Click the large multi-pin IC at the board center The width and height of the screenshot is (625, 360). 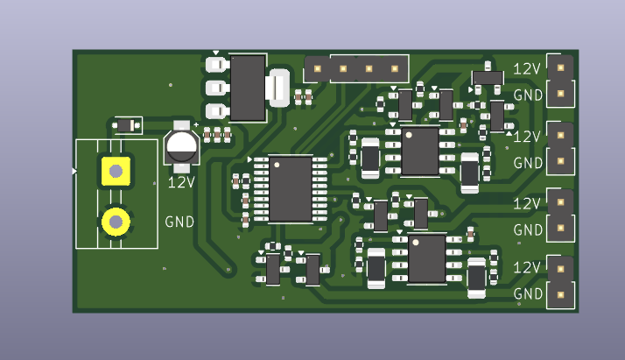(290, 188)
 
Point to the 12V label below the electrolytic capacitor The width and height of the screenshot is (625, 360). (181, 183)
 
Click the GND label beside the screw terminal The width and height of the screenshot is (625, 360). (179, 222)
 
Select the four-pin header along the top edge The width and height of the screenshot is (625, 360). (356, 67)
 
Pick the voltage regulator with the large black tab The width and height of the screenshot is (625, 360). (247, 87)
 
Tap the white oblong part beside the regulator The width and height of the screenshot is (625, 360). (280, 88)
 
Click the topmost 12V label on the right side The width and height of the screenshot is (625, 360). (527, 68)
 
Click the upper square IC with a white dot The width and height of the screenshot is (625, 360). (420, 151)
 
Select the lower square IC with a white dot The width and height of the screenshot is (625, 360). (427, 258)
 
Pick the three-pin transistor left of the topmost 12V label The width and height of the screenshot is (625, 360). (487, 80)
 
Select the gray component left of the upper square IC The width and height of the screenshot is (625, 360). (371, 157)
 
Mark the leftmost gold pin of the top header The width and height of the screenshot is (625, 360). (317, 67)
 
